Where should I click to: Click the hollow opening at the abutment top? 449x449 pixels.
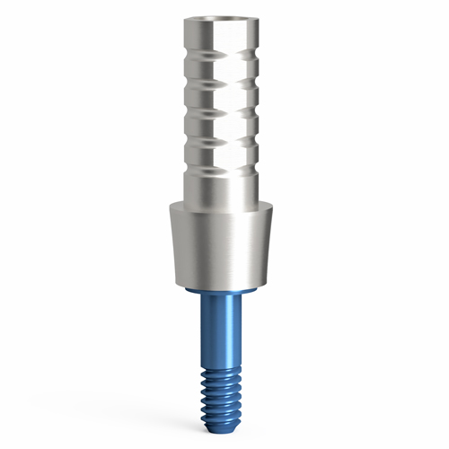pos(224,20)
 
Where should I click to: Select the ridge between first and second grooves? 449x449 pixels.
pos(224,73)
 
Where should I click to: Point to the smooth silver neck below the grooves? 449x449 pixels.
pos(224,184)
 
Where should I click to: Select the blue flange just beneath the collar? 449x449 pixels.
pos(224,295)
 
